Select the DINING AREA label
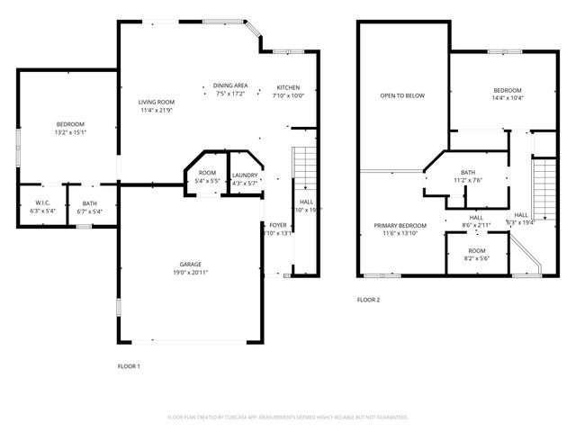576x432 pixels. [230, 85]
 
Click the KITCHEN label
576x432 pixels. [289, 88]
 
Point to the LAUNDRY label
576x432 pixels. [245, 175]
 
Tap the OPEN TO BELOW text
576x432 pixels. [401, 95]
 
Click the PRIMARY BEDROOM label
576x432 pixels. [400, 225]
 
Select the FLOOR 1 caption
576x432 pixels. [130, 366]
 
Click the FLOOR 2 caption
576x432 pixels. [369, 300]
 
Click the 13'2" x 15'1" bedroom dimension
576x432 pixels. [70, 131]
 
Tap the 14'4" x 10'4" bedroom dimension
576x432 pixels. [508, 97]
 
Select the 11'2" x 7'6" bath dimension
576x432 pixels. [468, 180]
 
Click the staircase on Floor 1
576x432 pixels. [306, 166]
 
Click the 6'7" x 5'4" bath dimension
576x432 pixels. [89, 211]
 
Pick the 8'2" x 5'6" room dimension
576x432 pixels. [476, 258]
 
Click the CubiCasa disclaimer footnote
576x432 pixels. [288, 418]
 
